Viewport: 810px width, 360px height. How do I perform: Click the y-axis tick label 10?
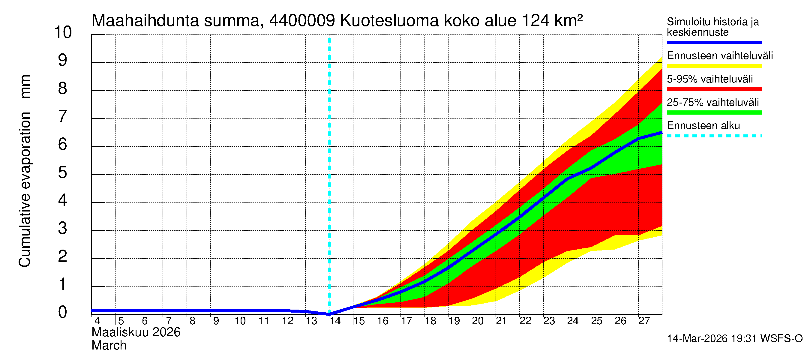[63, 32]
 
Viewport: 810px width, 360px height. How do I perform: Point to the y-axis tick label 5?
[63, 172]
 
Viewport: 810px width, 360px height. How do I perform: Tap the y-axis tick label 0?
[63, 312]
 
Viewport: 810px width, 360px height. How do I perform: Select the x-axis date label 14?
[335, 321]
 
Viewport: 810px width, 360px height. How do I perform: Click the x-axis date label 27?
[644, 321]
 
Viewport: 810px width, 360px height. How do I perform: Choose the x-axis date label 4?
[97, 321]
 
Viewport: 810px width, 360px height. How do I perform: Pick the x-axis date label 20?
[477, 321]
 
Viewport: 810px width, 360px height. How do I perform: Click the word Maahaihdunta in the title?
[145, 21]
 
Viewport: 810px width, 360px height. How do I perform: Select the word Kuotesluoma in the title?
[389, 21]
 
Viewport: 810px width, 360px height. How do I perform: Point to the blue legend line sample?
[714, 42]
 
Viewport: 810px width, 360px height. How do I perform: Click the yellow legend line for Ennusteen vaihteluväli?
[714, 66]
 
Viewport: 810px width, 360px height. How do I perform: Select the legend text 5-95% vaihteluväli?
[710, 79]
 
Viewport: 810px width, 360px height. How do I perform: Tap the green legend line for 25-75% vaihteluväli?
[714, 112]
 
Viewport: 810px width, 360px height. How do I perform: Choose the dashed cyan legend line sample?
[714, 136]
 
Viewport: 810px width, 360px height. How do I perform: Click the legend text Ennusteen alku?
[703, 126]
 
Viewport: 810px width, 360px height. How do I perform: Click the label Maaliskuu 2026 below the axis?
[136, 332]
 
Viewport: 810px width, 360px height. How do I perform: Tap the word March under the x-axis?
[109, 346]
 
